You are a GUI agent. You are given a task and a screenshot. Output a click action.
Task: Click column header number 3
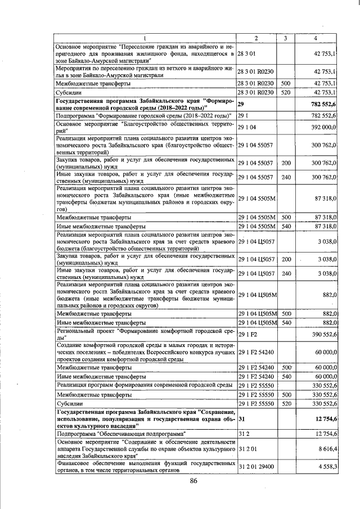pyautogui.click(x=286, y=38)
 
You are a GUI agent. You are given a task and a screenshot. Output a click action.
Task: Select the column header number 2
pyautogui.click(x=256, y=38)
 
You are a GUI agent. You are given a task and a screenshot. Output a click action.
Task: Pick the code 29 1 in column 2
pyautogui.click(x=243, y=115)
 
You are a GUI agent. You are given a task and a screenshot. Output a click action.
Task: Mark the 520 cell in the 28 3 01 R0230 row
pyautogui.click(x=285, y=92)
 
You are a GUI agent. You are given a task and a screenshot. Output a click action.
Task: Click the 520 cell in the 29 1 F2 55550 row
pyautogui.click(x=285, y=404)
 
